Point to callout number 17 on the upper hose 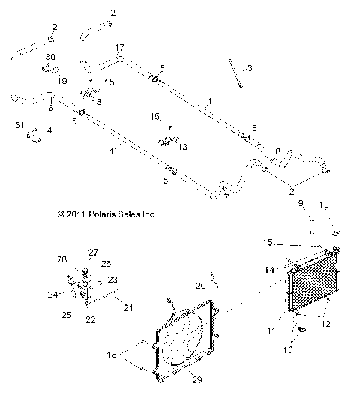[x=118, y=48]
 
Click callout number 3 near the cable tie [x=250, y=68]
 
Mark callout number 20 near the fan [x=201, y=285]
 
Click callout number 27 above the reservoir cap [x=94, y=252]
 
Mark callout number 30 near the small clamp [x=50, y=57]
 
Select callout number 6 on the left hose [x=50, y=108]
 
